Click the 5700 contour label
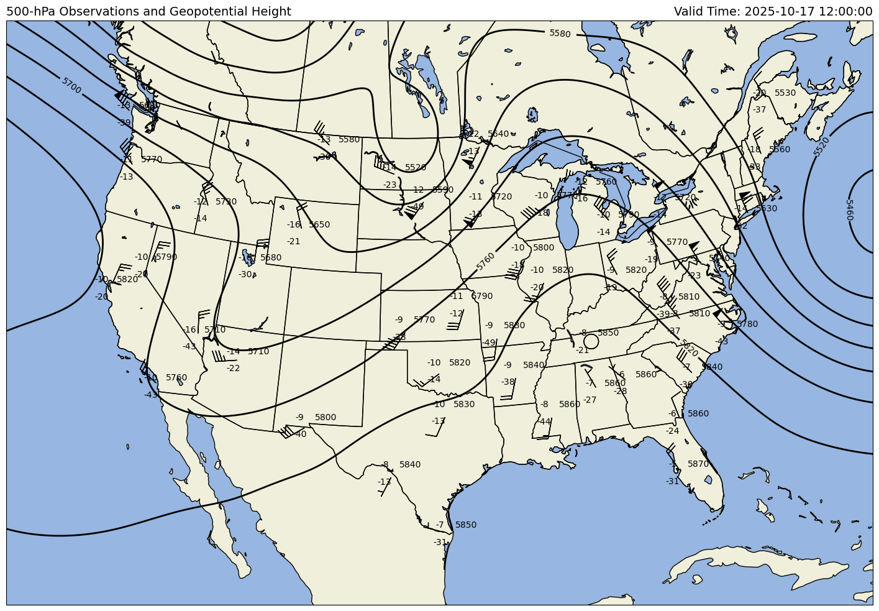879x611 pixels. click(x=71, y=86)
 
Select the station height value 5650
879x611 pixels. click(x=319, y=224)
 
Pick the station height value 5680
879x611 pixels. click(x=271, y=257)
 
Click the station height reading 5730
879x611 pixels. click(x=226, y=201)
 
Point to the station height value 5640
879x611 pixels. click(x=498, y=134)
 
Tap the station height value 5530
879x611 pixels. click(x=785, y=93)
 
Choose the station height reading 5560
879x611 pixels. click(x=780, y=149)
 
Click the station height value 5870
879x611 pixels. click(x=698, y=464)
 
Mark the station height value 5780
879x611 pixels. click(x=747, y=324)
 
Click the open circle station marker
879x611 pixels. click(x=591, y=341)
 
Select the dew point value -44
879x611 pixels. click(x=544, y=421)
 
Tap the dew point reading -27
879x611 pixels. click(x=590, y=400)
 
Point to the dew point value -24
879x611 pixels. click(x=673, y=431)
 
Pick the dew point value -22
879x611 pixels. click(x=233, y=368)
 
